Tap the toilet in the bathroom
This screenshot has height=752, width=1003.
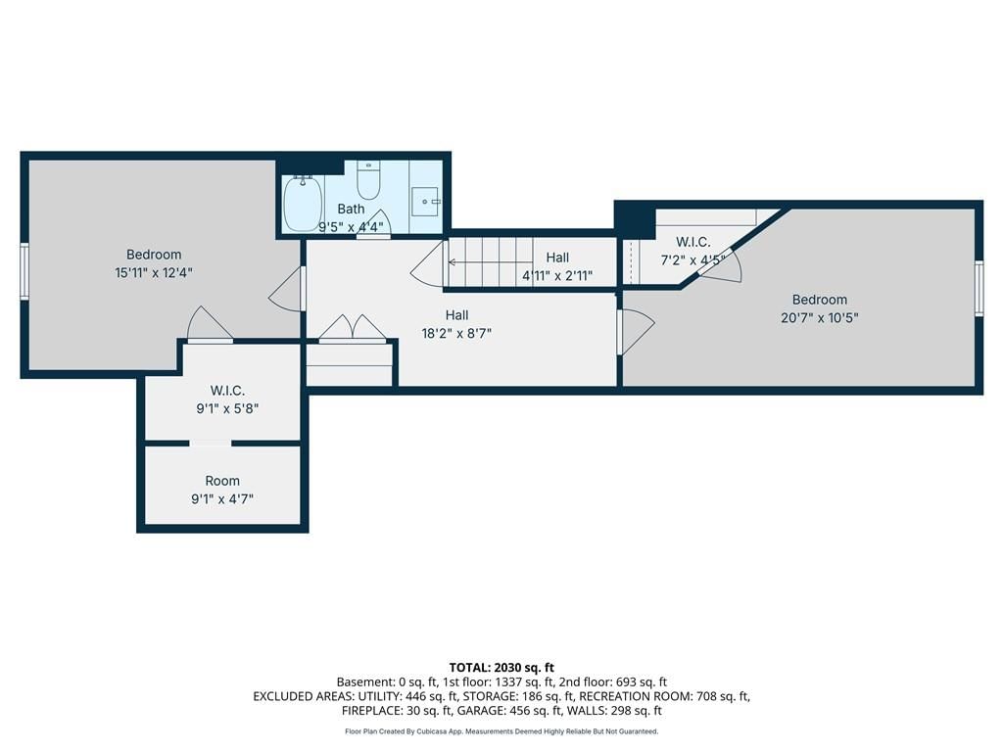368,180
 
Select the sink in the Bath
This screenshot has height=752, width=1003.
425,202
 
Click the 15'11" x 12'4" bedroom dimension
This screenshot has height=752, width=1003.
154,272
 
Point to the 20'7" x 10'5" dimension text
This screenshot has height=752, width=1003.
820,317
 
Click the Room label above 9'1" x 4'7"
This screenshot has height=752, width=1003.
222,481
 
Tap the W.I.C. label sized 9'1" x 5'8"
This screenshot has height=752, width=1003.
227,391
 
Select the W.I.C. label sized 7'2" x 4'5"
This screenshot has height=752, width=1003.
693,242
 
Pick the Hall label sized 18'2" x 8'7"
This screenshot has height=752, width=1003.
456,314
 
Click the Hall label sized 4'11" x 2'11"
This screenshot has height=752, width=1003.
557,258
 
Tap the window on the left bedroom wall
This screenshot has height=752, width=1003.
24,271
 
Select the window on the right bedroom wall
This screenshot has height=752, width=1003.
979,288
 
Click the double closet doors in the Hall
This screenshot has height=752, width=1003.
353,329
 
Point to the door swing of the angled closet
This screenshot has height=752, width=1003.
723,264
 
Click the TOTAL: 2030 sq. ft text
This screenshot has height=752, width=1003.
501,668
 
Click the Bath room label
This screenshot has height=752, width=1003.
351,209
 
